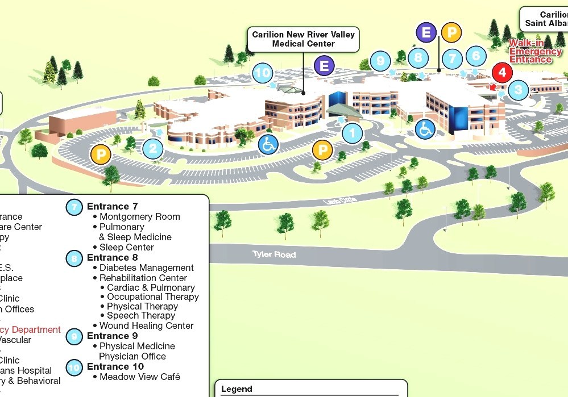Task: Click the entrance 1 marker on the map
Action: click(x=352, y=133)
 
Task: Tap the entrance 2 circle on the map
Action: click(x=153, y=149)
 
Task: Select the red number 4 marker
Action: click(x=502, y=73)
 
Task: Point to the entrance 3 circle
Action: click(x=518, y=90)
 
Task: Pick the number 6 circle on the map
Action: click(x=476, y=56)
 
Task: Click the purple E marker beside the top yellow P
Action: click(x=426, y=32)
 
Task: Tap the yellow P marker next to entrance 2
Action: click(x=101, y=154)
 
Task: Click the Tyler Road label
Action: click(x=274, y=254)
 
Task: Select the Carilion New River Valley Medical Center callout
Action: click(x=303, y=39)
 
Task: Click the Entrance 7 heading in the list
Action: click(x=112, y=206)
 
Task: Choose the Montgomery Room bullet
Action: click(x=139, y=216)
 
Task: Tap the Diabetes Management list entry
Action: click(x=146, y=268)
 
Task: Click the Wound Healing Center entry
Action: click(x=146, y=325)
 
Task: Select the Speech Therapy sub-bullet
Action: click(x=140, y=315)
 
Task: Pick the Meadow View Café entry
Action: click(x=139, y=377)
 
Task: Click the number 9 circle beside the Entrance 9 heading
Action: click(x=74, y=337)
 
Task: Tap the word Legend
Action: click(x=237, y=389)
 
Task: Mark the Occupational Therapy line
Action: click(x=152, y=296)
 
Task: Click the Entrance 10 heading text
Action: click(x=115, y=366)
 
